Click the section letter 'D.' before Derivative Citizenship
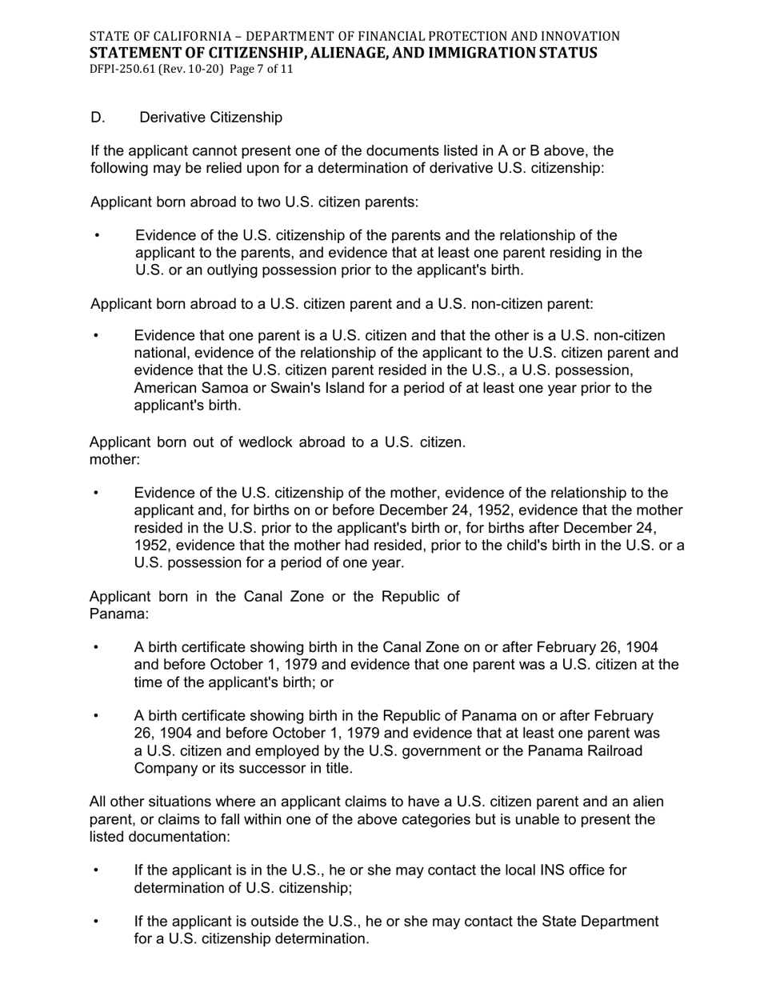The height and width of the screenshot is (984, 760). tap(98, 118)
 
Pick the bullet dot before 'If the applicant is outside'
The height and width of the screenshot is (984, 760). tap(98, 922)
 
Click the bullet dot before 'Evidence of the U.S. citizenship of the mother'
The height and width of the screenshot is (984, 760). tap(98, 493)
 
